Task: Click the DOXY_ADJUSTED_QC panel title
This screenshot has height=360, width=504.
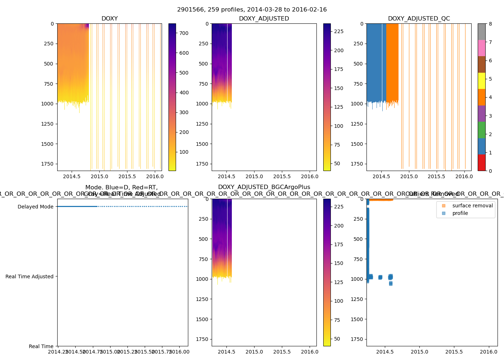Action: (x=419, y=19)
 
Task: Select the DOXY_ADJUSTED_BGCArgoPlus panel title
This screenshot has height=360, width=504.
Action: (x=264, y=187)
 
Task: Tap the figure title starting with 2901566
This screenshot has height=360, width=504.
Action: (x=252, y=10)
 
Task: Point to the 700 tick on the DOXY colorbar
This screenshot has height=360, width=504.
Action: (x=184, y=33)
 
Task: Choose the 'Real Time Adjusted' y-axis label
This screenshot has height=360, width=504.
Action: (x=29, y=276)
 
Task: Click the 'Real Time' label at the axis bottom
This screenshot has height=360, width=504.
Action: (x=41, y=346)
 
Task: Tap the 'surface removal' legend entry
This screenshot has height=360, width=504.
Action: (x=472, y=206)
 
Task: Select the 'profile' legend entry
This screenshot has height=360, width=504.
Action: (x=460, y=213)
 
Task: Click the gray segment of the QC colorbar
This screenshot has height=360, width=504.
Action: (x=481, y=32)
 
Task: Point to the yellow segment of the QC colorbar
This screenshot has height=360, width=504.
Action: (x=481, y=81)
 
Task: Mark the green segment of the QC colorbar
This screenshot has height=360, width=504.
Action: (x=481, y=130)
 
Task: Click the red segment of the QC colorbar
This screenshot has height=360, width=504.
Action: (x=481, y=162)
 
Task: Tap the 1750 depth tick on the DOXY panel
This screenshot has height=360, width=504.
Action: (x=47, y=164)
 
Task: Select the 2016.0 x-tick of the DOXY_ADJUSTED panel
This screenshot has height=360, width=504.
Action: (x=310, y=176)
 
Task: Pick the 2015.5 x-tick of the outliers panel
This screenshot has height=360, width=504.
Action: (x=454, y=352)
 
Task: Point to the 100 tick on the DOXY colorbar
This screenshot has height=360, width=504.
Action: (x=184, y=152)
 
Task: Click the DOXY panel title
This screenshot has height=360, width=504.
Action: (x=109, y=19)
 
